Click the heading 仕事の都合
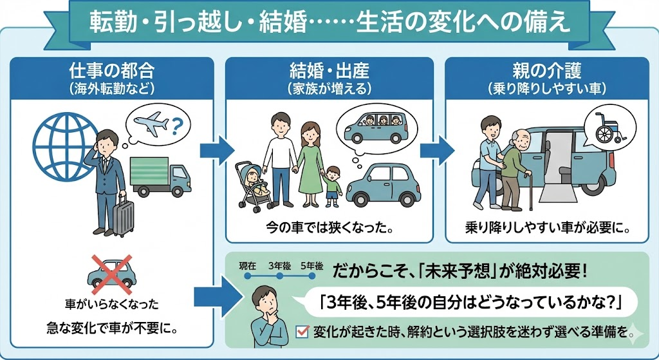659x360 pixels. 111,69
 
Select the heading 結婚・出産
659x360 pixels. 328,69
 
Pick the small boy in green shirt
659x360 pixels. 333,187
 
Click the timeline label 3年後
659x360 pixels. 280,265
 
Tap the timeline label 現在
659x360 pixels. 248,265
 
